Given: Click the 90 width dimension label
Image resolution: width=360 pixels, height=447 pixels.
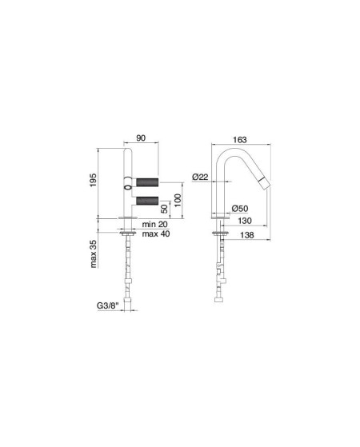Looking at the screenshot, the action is [x=141, y=138].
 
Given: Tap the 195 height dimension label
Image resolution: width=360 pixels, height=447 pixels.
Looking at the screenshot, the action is [x=94, y=180].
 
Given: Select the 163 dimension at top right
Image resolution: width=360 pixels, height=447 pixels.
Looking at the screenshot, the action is [x=240, y=140].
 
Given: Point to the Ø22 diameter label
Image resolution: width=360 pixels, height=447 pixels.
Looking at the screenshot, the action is [x=200, y=177].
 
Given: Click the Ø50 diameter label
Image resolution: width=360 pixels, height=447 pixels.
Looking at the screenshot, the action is [x=240, y=209].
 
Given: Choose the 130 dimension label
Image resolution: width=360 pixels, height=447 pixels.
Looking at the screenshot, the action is [x=245, y=221].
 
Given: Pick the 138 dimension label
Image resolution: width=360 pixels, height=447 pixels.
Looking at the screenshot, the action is [x=247, y=235].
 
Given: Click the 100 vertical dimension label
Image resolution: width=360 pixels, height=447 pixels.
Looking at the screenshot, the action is [x=178, y=201].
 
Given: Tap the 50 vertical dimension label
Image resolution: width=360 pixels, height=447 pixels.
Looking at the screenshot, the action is [x=165, y=209].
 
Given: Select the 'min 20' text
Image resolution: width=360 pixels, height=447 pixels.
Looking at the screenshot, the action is [x=155, y=225].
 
